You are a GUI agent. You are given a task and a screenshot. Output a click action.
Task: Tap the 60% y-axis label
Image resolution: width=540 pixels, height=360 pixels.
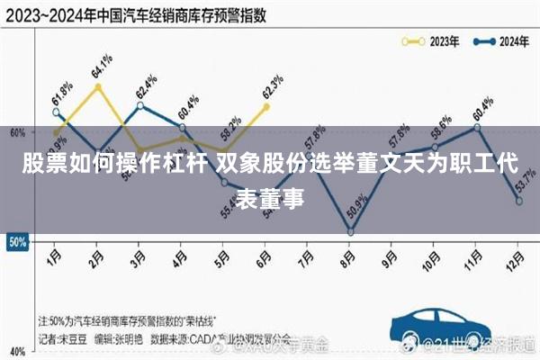pos(15,132)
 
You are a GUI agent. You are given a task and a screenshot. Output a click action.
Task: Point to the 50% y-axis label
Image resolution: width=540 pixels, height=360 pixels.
pos(15,241)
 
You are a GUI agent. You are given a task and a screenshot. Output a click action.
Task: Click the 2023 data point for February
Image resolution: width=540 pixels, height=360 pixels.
pos(97,86)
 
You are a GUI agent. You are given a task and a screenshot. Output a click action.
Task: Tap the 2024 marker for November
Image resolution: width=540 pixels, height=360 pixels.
pos(477,127)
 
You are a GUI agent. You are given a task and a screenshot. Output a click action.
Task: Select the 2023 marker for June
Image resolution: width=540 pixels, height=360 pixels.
pos(266,106)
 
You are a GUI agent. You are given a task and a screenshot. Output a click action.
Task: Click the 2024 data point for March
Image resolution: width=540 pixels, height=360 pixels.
pos(139,105)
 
